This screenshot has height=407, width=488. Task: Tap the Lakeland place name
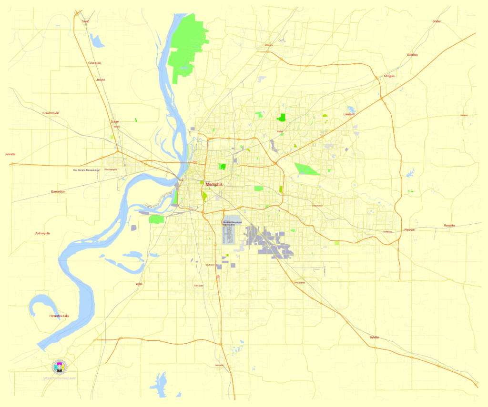coord(349,115)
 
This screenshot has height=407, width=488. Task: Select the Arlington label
coord(389,76)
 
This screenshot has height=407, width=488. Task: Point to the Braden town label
coord(437,21)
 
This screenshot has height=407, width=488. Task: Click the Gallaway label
coord(412,55)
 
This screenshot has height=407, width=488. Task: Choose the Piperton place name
coord(409,230)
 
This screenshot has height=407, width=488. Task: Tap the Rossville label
coord(449,225)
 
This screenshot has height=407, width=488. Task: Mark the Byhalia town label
coord(375,338)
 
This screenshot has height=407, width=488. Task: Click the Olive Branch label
coord(299,283)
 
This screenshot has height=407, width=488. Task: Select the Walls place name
coord(139,284)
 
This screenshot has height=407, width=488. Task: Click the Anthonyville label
coord(42,233)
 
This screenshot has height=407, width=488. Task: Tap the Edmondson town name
coord(58,191)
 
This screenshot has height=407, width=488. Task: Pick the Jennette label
coord(10,154)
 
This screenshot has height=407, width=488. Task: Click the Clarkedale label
coord(94,63)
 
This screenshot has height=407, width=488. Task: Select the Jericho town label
coord(101,79)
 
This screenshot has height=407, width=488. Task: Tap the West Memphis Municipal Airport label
coord(86,169)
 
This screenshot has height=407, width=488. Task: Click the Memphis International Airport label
coord(233,223)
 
